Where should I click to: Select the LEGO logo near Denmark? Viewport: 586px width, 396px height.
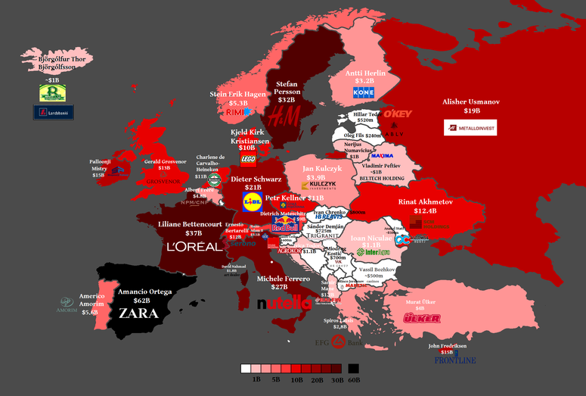click(249, 160)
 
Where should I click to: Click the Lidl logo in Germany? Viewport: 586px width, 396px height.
click(252, 201)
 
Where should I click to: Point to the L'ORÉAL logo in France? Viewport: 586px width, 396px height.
click(194, 247)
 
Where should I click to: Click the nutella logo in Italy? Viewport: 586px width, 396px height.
click(284, 304)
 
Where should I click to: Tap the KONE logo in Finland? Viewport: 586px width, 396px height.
click(364, 93)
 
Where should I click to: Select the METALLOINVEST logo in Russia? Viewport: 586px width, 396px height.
click(470, 127)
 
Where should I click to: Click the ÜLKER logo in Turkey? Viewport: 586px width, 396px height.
click(423, 319)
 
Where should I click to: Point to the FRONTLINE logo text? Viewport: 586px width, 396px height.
click(455, 360)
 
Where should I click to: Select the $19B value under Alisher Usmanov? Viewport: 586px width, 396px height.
click(472, 111)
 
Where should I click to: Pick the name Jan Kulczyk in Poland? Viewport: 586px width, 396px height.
click(324, 168)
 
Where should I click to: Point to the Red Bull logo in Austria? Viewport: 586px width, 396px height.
click(285, 225)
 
